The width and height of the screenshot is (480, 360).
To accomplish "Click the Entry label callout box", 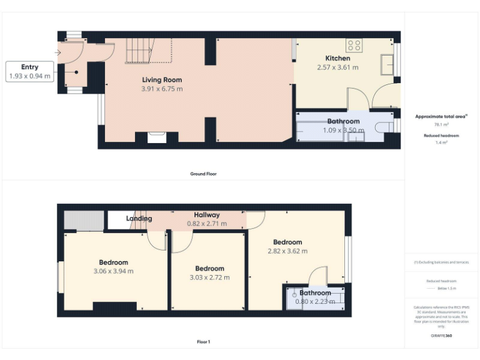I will click(29, 71).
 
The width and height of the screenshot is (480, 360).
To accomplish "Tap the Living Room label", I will click(162, 79).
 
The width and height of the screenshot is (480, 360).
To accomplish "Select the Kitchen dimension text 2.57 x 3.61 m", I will click(337, 67).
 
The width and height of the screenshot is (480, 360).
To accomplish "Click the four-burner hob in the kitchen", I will click(354, 45).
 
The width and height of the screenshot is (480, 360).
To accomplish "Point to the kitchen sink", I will click(387, 64).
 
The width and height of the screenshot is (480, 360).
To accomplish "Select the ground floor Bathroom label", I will click(343, 121).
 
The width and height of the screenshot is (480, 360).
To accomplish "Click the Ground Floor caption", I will click(204, 174).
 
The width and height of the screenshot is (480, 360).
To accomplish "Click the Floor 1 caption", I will click(204, 342).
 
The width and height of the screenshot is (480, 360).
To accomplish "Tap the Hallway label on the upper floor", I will click(206, 215).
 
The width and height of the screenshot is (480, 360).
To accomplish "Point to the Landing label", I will click(139, 219).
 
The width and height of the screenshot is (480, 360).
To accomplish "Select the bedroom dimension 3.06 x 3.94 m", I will click(113, 271).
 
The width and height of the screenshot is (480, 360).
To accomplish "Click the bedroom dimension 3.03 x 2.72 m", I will click(209, 277).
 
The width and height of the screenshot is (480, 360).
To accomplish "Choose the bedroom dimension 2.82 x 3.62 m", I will click(287, 251).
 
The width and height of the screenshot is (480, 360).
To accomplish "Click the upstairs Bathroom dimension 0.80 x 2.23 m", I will click(315, 301).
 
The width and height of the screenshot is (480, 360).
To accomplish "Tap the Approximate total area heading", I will click(441, 116).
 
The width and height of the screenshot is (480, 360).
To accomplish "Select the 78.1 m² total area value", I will click(441, 124).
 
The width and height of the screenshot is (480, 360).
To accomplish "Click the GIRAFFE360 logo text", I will click(441, 336).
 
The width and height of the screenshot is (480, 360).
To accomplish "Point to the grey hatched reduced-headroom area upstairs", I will click(84, 221).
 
